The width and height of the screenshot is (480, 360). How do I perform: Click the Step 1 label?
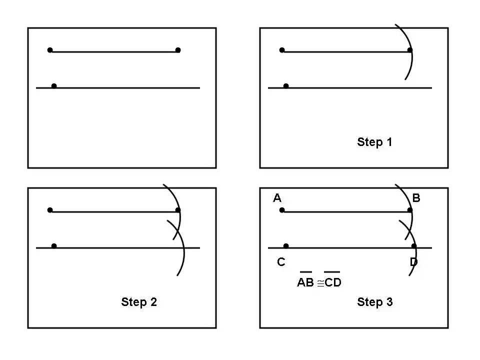pyautogui.click(x=374, y=142)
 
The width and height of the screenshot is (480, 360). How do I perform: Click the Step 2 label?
pyautogui.click(x=138, y=302)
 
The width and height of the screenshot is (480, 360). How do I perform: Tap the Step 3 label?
pyautogui.click(x=374, y=302)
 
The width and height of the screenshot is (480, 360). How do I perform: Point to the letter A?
pyautogui.click(x=277, y=198)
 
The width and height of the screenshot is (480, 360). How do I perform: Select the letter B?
pyautogui.click(x=416, y=198)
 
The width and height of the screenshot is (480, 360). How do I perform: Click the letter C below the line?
pyautogui.click(x=281, y=262)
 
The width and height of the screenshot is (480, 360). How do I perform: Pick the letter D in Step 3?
pyautogui.click(x=413, y=262)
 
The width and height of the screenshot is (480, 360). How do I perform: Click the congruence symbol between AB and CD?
pyautogui.click(x=320, y=283)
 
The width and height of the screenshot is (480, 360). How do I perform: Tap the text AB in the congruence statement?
pyautogui.click(x=305, y=282)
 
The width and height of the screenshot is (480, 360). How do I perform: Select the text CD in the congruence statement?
pyautogui.click(x=332, y=282)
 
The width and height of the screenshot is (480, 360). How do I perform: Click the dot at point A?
pyautogui.click(x=282, y=210)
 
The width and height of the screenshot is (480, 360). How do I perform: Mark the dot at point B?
pyautogui.click(x=410, y=210)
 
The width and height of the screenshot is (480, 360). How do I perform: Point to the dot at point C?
pyautogui.click(x=286, y=246)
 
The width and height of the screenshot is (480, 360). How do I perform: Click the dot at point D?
pyautogui.click(x=414, y=246)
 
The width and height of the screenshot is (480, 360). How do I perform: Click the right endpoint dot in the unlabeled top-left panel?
pyautogui.click(x=178, y=50)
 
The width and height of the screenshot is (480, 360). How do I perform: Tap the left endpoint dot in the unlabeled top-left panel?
pyautogui.click(x=50, y=50)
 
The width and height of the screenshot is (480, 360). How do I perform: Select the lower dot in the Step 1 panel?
pyautogui.click(x=286, y=86)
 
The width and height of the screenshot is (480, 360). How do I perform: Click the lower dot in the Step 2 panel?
pyautogui.click(x=54, y=246)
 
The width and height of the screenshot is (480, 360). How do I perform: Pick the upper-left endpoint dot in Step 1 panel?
pyautogui.click(x=282, y=50)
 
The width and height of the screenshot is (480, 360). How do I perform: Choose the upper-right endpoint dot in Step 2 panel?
pyautogui.click(x=178, y=210)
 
